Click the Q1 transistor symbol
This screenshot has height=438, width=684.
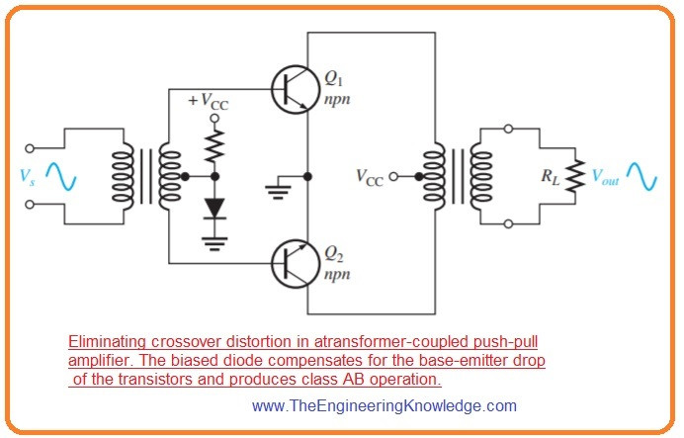[293, 88]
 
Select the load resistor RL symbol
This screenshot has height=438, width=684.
[575, 177]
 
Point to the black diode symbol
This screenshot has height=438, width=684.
[214, 210]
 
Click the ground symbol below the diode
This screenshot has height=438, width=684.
[214, 239]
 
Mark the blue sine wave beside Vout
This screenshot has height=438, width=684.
[641, 177]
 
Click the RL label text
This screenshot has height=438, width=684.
[549, 178]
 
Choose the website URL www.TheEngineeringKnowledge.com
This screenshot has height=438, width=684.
[385, 405]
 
